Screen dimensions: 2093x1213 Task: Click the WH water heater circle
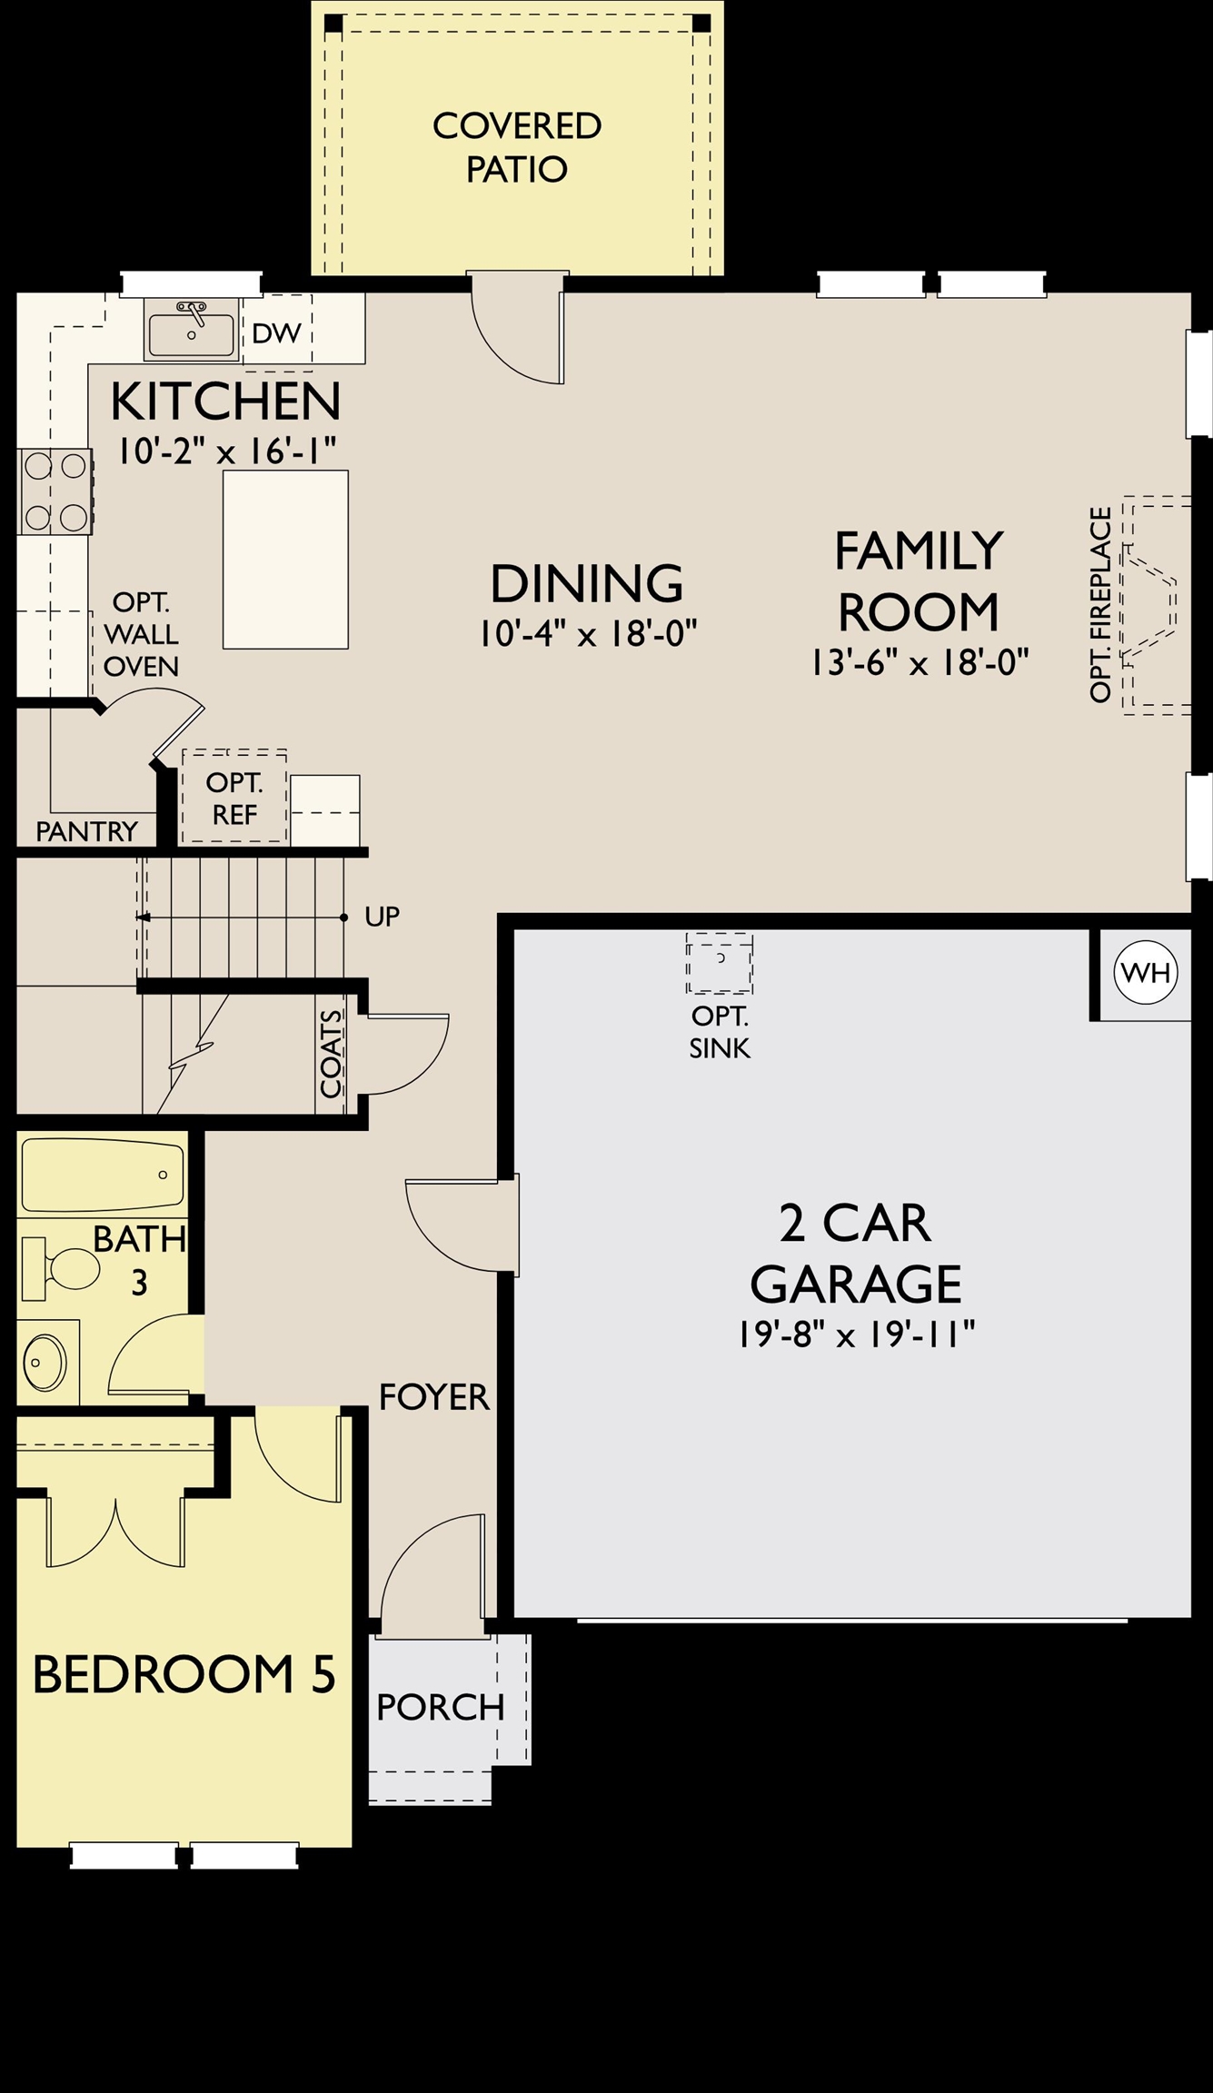1146,973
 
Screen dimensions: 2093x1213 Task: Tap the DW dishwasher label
276,333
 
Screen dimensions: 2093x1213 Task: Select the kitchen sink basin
192,333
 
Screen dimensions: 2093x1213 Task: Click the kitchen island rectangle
285,559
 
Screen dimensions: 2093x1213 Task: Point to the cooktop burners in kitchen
55,491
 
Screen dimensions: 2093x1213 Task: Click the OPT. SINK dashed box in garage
719,962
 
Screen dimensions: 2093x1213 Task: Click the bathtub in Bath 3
102,1176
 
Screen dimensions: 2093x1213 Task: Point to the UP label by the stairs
382,917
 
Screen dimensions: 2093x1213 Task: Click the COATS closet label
332,1054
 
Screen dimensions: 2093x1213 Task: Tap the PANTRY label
86,831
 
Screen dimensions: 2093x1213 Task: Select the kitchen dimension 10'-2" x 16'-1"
226,450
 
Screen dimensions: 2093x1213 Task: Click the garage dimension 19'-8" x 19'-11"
855,1334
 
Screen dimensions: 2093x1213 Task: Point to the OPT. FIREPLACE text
1100,604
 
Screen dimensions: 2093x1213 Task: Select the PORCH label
440,1708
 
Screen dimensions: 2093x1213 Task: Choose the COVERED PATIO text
516,147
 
